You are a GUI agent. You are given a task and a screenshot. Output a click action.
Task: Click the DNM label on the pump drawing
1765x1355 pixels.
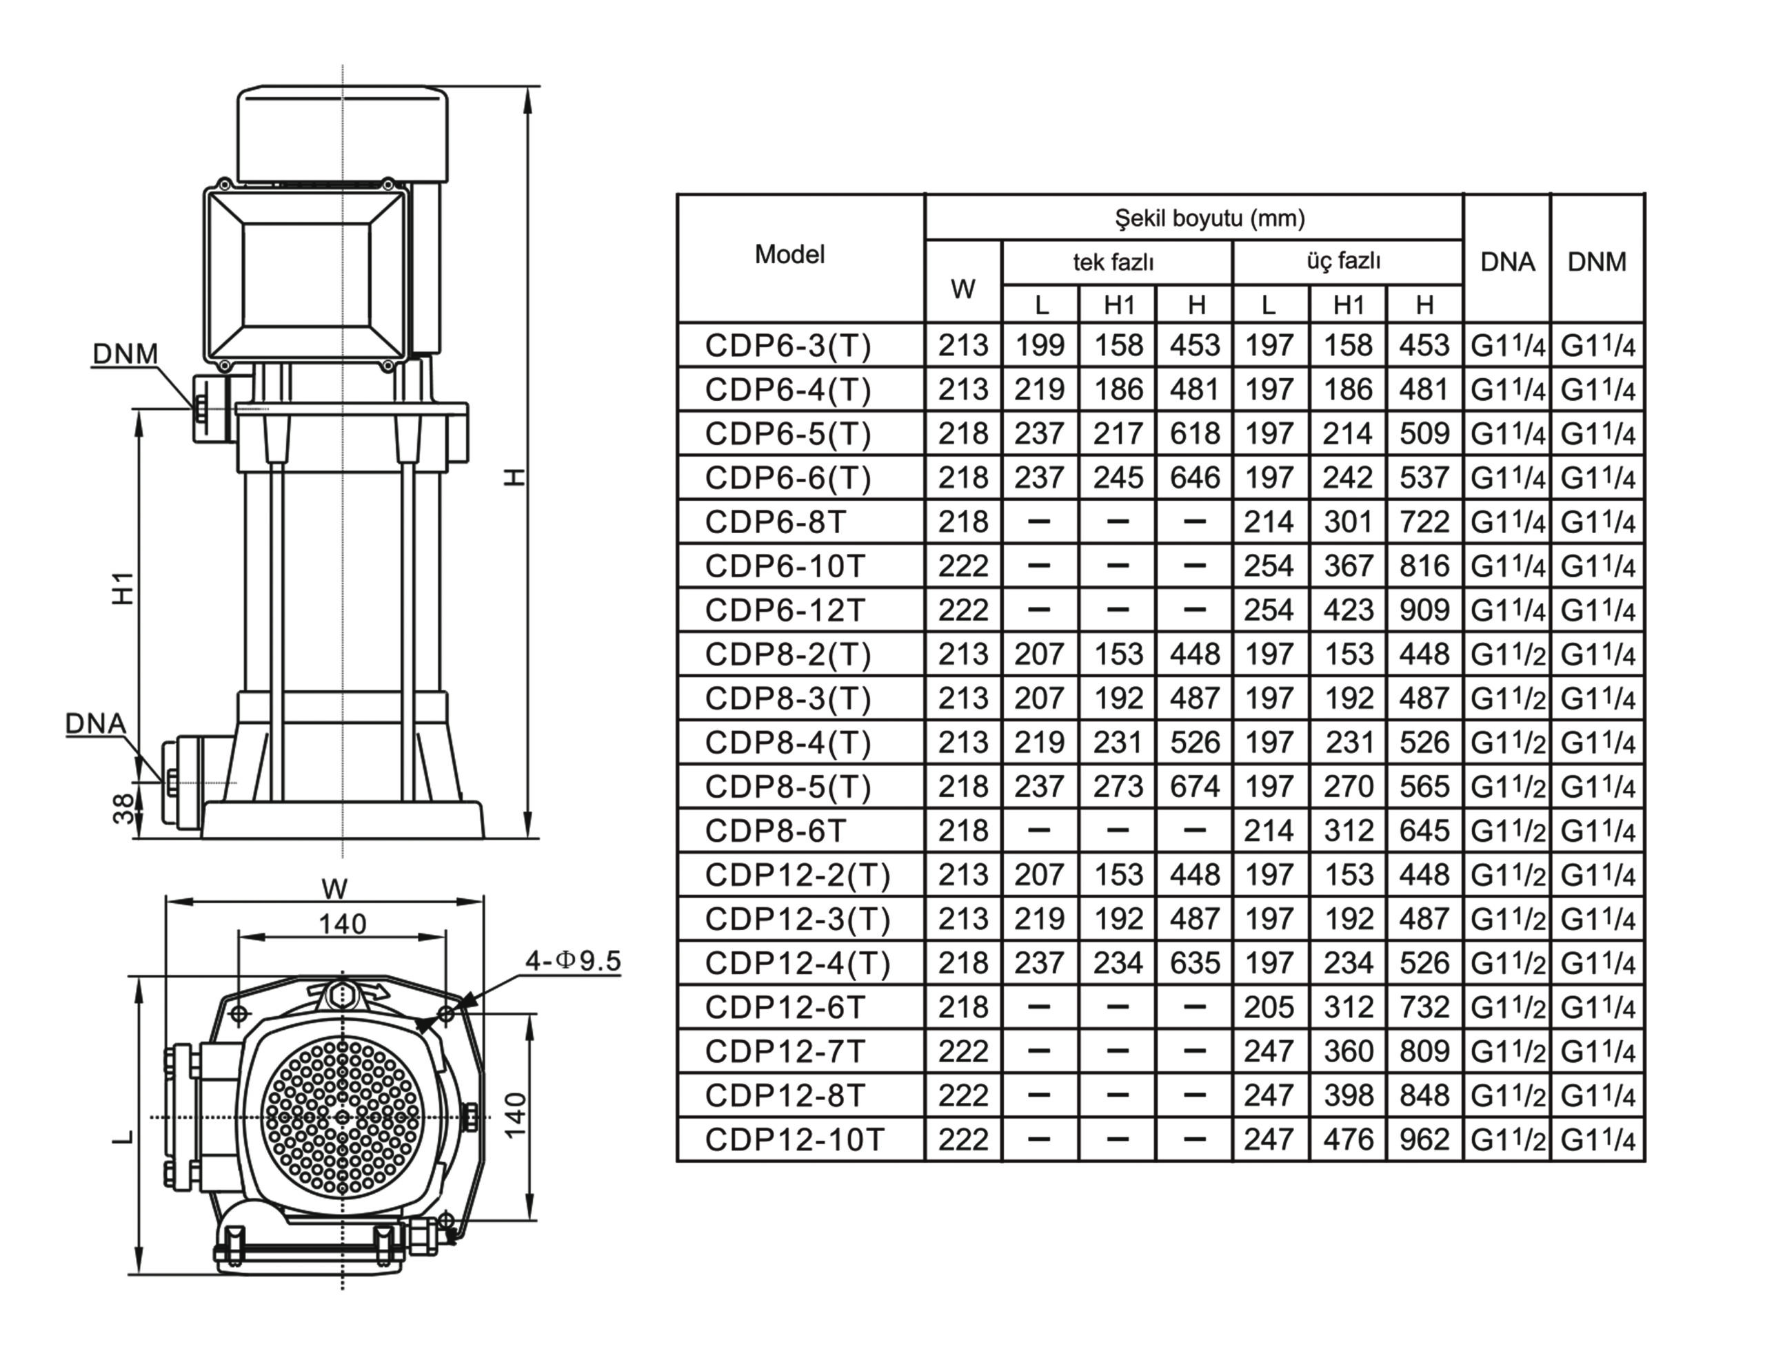[x=125, y=354]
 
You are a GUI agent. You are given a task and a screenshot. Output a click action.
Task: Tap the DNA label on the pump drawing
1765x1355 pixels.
[x=96, y=723]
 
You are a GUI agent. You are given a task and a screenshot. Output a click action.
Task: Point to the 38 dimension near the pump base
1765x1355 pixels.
[x=123, y=809]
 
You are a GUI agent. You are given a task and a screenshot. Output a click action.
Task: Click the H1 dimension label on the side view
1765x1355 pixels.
[x=123, y=589]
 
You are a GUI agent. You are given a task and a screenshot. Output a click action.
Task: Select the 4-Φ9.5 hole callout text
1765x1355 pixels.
[x=573, y=960]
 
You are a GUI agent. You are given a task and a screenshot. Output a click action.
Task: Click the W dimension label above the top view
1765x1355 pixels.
[x=334, y=888]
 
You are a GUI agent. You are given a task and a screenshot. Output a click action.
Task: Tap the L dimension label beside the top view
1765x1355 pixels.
[x=123, y=1137]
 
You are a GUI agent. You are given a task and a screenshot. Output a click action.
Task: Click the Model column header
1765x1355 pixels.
[x=789, y=255]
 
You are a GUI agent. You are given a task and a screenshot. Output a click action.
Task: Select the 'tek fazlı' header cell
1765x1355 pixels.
[x=1113, y=262]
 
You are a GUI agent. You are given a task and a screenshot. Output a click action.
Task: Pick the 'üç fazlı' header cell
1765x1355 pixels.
[x=1344, y=261]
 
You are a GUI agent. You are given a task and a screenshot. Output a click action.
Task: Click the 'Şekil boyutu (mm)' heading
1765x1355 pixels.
[x=1209, y=218]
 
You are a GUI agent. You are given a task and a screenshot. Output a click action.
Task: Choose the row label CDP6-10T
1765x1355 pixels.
[x=785, y=566]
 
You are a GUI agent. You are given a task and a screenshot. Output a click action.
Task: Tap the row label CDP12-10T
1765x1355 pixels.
[x=794, y=1139]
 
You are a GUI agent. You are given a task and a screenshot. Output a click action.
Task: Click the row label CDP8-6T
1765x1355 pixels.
[x=775, y=831]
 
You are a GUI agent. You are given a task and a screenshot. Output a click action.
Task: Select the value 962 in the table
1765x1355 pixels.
[x=1424, y=1139]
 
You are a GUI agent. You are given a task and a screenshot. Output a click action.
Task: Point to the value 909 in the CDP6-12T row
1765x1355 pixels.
[x=1424, y=610]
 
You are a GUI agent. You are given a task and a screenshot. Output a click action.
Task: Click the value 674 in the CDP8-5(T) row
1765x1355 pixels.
[x=1194, y=787]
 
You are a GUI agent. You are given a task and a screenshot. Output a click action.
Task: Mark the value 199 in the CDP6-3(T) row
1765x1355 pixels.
[x=1040, y=345]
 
